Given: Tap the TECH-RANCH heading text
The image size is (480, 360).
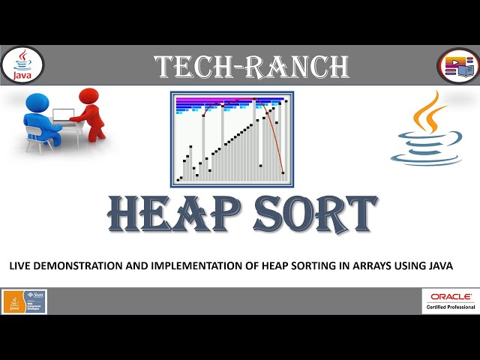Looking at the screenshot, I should click(x=251, y=67).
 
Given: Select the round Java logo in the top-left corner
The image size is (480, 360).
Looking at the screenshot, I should click(x=23, y=64).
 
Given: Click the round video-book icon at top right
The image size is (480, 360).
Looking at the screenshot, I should click(x=457, y=65).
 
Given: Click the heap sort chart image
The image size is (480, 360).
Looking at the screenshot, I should click(x=232, y=139).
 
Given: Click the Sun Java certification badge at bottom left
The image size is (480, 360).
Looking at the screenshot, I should click(x=24, y=301).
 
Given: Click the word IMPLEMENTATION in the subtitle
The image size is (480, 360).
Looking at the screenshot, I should click(x=199, y=266).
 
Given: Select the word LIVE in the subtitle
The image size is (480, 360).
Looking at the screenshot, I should click(x=20, y=266).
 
